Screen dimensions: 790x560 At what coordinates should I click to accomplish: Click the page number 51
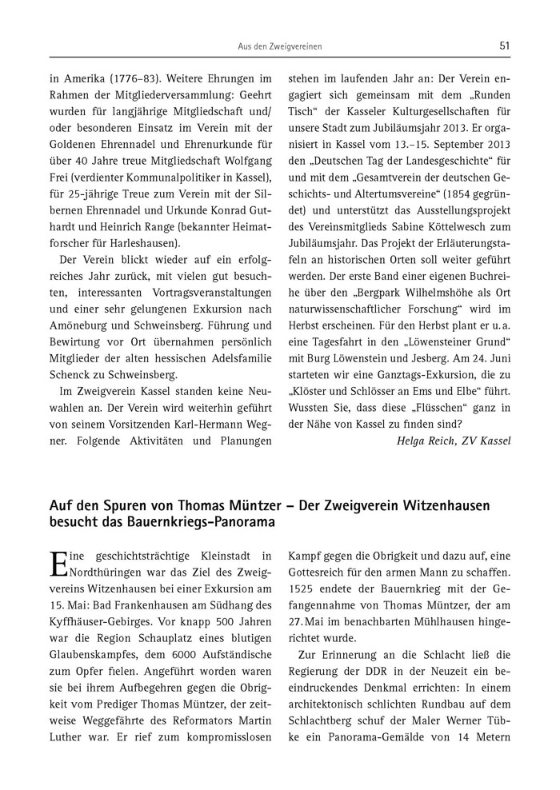pos(504,46)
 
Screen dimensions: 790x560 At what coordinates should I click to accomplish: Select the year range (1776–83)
pos(132,80)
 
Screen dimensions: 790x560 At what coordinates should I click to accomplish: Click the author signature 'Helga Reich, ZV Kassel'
pos(453,440)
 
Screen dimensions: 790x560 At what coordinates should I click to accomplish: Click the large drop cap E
pos(58,563)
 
